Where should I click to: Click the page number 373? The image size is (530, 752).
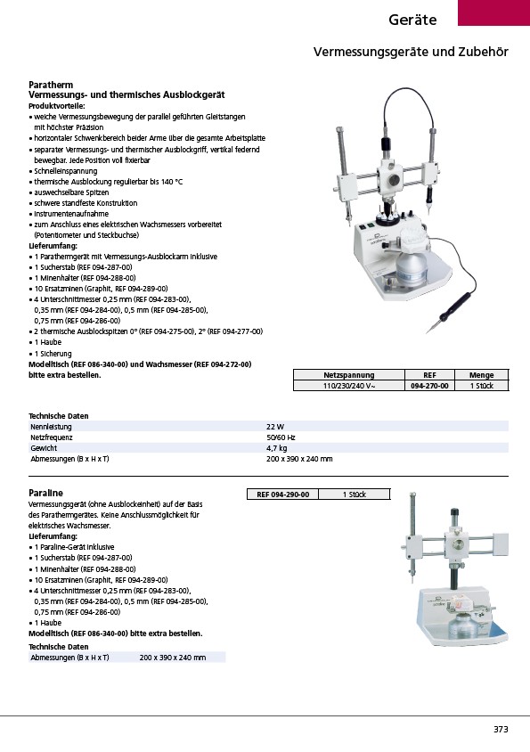(x=501, y=729)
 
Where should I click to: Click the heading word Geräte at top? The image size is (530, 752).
(x=412, y=20)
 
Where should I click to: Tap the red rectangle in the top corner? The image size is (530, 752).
(x=494, y=12)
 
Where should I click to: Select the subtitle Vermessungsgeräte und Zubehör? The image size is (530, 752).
(x=411, y=52)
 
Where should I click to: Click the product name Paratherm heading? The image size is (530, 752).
(x=51, y=85)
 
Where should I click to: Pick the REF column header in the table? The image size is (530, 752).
(x=429, y=375)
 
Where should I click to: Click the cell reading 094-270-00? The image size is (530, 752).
(x=429, y=386)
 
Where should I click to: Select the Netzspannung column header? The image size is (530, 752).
(x=348, y=375)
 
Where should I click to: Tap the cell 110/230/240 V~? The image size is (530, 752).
(x=348, y=386)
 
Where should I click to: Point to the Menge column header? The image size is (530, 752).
(x=481, y=375)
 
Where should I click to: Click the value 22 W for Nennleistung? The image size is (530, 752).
(x=275, y=427)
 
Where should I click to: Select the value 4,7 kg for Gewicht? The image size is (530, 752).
(x=277, y=448)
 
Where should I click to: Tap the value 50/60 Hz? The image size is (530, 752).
(x=281, y=437)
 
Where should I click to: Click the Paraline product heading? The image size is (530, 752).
(x=45, y=493)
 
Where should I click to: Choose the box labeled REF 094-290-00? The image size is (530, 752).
(x=283, y=494)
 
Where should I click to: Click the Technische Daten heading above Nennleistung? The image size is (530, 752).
(x=59, y=416)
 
